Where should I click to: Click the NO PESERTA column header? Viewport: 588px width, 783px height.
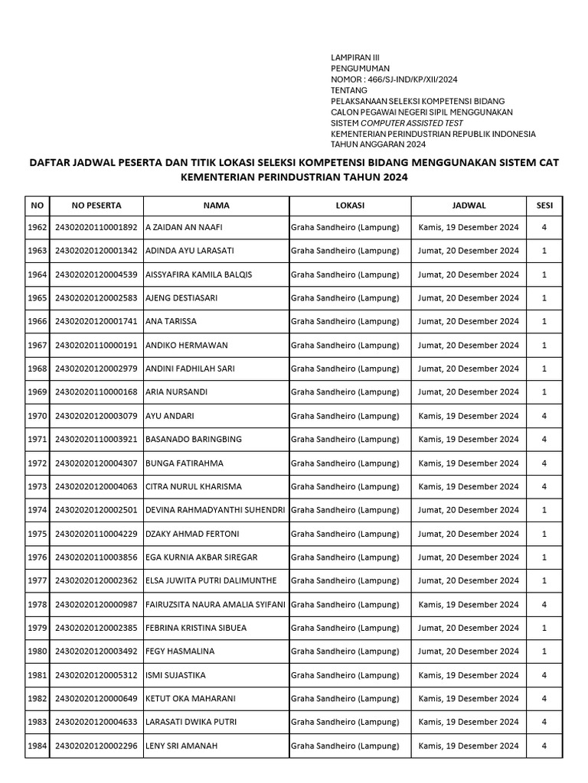click(x=96, y=206)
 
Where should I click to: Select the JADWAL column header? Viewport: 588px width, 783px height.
click(x=469, y=206)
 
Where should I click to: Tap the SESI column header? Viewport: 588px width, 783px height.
click(x=544, y=206)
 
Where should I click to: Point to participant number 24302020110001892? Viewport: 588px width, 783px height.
click(x=96, y=227)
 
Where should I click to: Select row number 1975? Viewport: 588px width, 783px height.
click(x=38, y=534)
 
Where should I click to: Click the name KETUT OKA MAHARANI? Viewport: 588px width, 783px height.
click(x=190, y=699)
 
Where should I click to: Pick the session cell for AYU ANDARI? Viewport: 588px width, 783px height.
click(x=544, y=416)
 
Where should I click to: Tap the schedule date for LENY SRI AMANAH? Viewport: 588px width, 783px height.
click(x=469, y=746)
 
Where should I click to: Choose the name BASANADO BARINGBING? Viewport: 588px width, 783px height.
click(x=194, y=440)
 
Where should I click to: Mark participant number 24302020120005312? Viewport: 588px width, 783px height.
click(x=96, y=675)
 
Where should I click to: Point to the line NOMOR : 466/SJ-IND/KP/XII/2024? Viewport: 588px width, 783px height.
click(x=394, y=80)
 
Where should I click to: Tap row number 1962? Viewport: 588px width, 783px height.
click(x=38, y=227)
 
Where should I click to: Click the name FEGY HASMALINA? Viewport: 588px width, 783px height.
click(x=180, y=651)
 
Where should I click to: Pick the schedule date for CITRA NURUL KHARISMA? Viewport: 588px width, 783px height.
click(x=469, y=486)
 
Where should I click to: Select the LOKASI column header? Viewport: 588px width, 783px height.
click(x=349, y=206)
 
